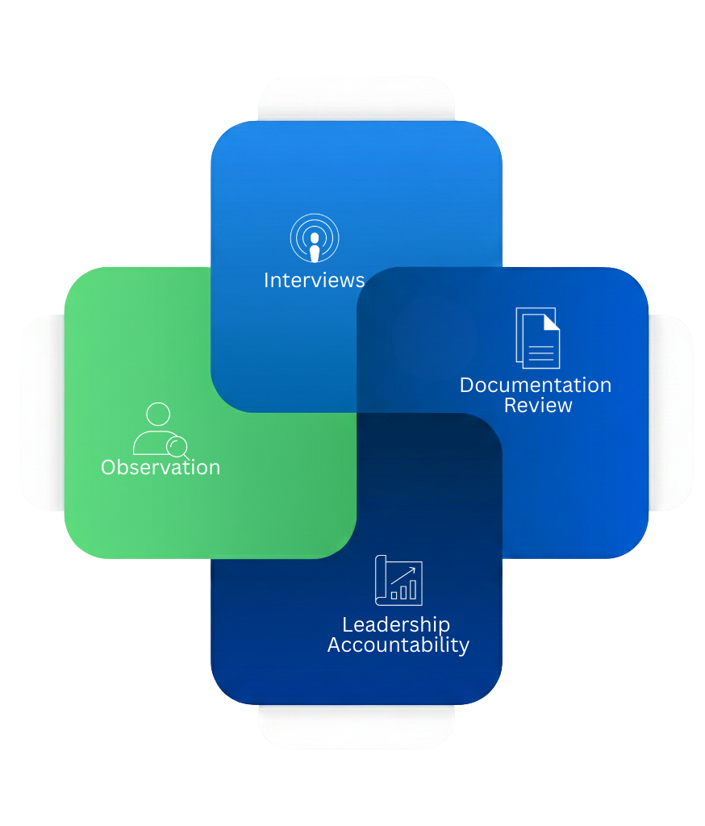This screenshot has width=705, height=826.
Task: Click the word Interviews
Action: (x=314, y=280)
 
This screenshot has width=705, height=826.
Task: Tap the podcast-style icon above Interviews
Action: (x=315, y=238)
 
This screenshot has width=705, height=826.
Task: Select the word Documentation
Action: (x=536, y=386)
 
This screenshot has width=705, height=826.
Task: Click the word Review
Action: (x=538, y=405)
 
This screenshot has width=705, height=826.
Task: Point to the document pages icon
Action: (x=537, y=338)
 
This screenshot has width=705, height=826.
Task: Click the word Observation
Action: (x=161, y=467)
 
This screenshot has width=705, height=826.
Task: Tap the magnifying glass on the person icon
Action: (x=177, y=446)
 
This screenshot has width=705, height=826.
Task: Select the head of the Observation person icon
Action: (x=159, y=415)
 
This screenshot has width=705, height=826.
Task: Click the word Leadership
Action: (x=395, y=625)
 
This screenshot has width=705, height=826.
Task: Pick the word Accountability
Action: (x=398, y=645)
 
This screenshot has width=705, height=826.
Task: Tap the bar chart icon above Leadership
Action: (x=398, y=580)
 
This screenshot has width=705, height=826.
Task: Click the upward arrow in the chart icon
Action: (x=407, y=574)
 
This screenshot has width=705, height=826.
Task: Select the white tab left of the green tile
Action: (x=41, y=412)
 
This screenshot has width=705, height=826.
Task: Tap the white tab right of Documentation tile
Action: (x=671, y=412)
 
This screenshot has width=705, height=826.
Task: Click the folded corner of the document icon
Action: (x=551, y=322)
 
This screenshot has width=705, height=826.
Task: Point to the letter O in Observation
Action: (x=108, y=467)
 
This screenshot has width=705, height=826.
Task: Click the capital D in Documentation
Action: (x=467, y=386)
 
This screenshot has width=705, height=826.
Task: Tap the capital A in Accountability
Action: (x=335, y=645)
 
